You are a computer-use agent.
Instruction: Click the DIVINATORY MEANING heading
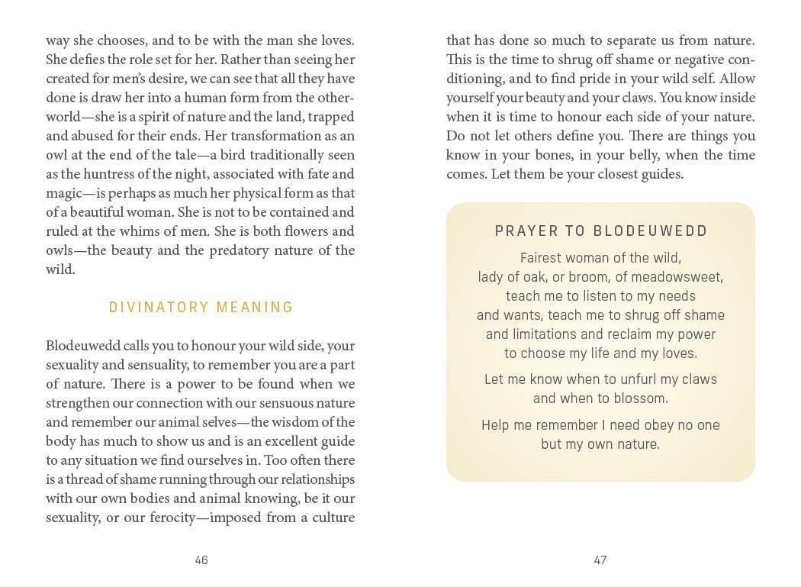click(201, 308)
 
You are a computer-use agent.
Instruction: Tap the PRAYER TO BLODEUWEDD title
click(601, 231)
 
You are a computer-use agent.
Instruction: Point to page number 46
click(201, 560)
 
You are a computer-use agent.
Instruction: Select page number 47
click(600, 560)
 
